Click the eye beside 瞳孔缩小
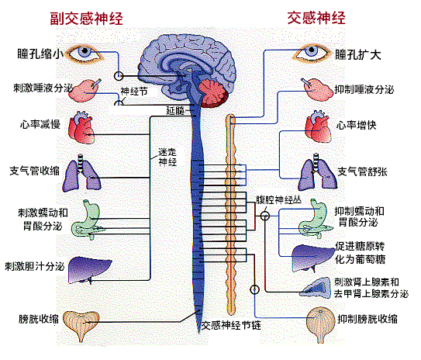pyautogui.click(x=87, y=54)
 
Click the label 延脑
pyautogui.click(x=175, y=111)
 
